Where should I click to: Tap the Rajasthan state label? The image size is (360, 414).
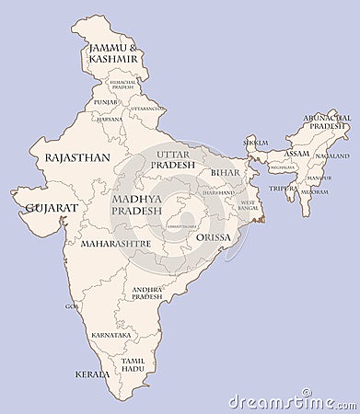[77, 157]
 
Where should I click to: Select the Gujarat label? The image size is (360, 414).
[52, 208]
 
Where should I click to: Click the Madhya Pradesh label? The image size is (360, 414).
[136, 204]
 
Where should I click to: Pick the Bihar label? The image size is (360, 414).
[225, 172]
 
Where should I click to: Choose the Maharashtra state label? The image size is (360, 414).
[116, 245]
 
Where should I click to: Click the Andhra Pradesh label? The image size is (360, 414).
[146, 293]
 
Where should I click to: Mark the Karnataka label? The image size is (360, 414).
[111, 335]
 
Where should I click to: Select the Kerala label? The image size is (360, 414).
[92, 374]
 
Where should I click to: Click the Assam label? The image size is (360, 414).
[296, 154]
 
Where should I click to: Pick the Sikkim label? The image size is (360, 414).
[255, 143]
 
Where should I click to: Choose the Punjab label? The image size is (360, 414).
[105, 101]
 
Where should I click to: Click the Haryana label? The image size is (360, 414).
[110, 119]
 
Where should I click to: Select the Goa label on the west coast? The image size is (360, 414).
[72, 305]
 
